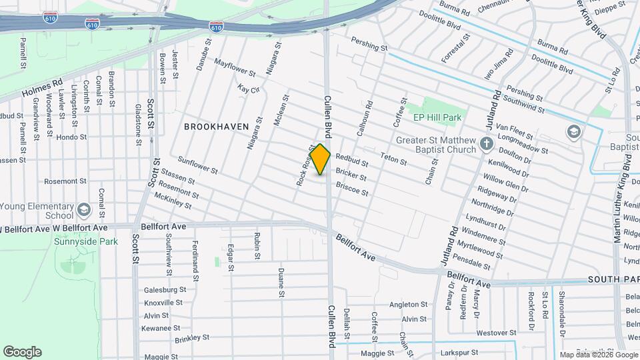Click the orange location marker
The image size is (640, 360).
(321, 159)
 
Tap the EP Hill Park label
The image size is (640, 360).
(437, 117)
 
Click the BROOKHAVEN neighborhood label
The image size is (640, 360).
(216, 126)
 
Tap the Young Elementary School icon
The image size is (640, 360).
(84, 211)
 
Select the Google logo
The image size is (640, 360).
(22, 352)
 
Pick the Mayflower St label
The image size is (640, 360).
(235, 67)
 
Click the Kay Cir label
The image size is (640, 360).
(248, 88)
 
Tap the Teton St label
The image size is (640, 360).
(393, 159)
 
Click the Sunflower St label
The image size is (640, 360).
(197, 166)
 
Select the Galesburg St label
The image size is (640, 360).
(165, 290)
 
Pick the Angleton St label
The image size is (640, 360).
(407, 304)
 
